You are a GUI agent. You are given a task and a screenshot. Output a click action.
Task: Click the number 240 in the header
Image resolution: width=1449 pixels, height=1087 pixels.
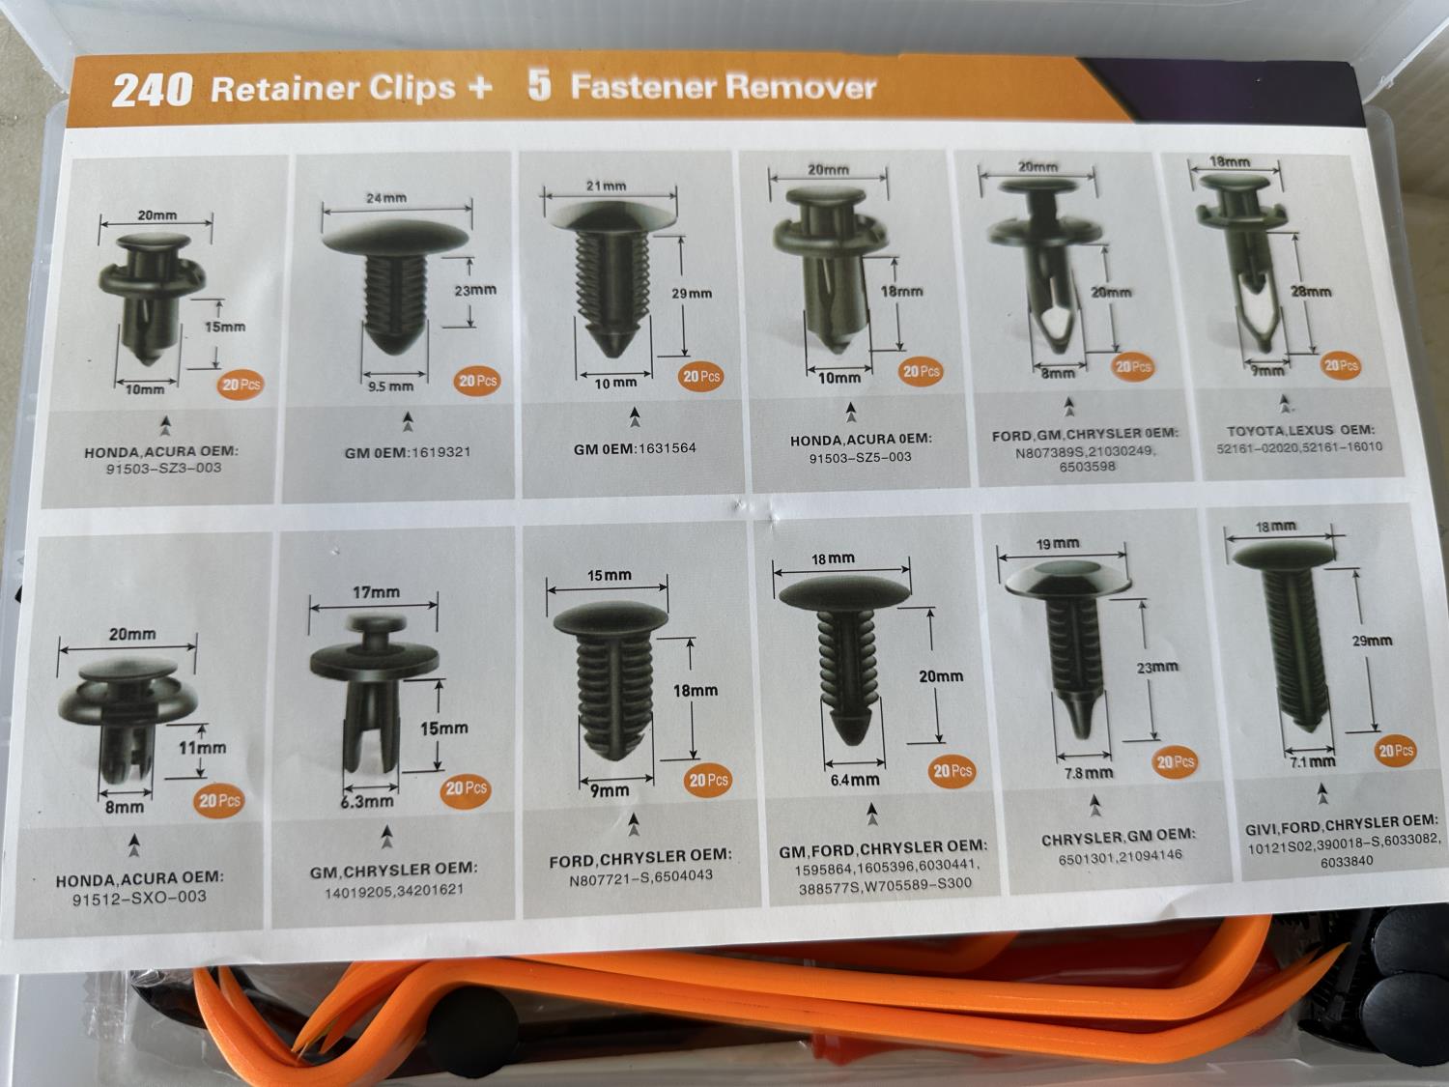coord(152,90)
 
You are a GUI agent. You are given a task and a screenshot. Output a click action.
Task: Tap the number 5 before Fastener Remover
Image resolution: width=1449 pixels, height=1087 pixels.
coord(539,86)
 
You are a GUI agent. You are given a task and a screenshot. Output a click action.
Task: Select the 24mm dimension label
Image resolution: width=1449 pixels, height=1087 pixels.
coord(386,198)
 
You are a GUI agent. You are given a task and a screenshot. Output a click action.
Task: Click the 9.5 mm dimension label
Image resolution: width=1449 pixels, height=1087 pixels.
coord(391,386)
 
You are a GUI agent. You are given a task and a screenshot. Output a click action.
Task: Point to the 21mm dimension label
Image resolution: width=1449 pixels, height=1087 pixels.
coord(606,186)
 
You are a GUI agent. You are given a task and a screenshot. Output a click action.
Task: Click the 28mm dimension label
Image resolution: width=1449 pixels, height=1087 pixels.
coord(1311,291)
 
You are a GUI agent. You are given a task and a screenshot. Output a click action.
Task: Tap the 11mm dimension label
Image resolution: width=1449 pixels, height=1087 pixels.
coord(202,748)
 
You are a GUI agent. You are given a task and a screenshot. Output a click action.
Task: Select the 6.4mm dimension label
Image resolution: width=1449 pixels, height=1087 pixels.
coord(855,780)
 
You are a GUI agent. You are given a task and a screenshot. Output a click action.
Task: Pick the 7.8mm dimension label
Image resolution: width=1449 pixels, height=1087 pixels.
coord(1089,773)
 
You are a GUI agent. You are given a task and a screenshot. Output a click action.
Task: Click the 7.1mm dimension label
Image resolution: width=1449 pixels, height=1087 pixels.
coord(1313,762)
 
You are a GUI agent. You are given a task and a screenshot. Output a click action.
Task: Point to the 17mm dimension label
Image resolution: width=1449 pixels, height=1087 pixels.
coord(376,592)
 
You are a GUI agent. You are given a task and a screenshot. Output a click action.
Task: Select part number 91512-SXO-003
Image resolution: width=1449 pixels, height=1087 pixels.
coord(139,898)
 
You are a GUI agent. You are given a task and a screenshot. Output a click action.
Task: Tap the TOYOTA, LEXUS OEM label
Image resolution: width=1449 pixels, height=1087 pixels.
coord(1300,431)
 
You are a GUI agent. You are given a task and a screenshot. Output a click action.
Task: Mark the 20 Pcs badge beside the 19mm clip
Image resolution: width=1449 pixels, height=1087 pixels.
coord(1175,762)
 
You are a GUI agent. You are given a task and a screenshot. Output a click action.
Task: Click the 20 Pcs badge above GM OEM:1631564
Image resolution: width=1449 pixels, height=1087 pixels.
coord(700,376)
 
